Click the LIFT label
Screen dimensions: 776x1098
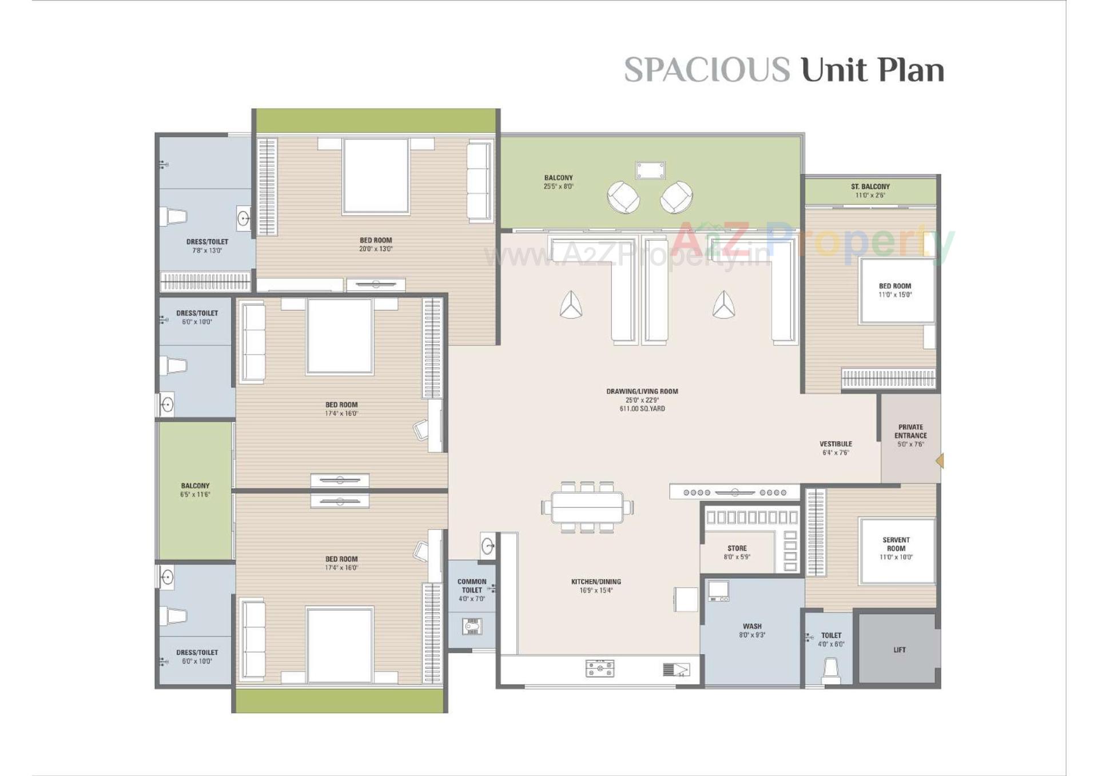[899, 650]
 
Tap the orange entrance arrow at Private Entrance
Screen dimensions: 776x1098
[940, 460]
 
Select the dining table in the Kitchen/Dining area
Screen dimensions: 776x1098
[587, 507]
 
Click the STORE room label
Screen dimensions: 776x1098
[737, 548]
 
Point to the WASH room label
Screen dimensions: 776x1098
[752, 626]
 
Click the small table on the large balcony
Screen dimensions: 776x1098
[650, 170]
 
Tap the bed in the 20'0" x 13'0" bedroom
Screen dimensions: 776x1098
[376, 176]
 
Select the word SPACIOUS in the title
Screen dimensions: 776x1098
[706, 70]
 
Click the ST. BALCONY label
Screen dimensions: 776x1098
[870, 186]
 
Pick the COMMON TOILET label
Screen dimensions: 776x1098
[472, 586]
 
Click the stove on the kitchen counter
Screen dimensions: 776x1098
[600, 668]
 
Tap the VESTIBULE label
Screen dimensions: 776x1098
[836, 444]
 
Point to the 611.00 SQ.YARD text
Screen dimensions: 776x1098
[642, 409]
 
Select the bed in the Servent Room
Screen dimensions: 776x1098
[896, 550]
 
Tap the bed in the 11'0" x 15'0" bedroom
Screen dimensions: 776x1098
[896, 290]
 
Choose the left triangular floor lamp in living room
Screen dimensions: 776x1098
[570, 305]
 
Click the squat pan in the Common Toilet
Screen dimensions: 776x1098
[472, 627]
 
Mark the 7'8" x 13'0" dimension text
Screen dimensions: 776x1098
[206, 250]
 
